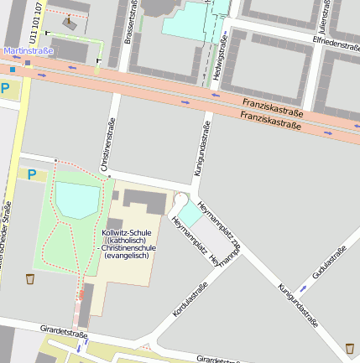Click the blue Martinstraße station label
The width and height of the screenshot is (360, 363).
tap(29, 51)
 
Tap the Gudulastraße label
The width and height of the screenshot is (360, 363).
tap(329, 262)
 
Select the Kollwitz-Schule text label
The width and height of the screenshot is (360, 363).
tap(126, 232)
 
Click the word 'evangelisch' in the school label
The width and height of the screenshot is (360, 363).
tap(126, 255)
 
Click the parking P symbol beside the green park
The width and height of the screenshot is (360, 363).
tap(32, 174)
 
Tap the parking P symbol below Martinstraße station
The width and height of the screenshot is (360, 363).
tap(6, 88)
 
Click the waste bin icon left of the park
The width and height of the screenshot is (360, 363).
tap(30, 278)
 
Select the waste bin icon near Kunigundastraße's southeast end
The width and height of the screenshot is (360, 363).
tap(349, 347)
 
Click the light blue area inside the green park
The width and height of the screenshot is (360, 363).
tap(76, 200)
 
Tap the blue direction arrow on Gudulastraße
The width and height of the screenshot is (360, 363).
tap(304, 288)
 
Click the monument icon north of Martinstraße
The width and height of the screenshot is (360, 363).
tap(68, 23)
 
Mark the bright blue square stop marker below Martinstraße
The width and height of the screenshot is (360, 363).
tap(13, 70)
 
